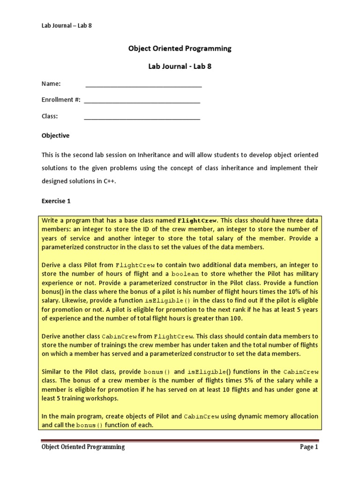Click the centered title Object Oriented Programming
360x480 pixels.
[x=180, y=48]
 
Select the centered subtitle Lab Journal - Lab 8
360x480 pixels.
[x=180, y=66]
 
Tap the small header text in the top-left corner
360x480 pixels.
[x=67, y=25]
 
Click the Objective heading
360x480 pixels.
[x=55, y=135]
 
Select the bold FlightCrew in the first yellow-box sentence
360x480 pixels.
[x=197, y=220]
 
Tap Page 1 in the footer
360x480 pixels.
[x=309, y=447]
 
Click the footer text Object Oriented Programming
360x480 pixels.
[x=83, y=447]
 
